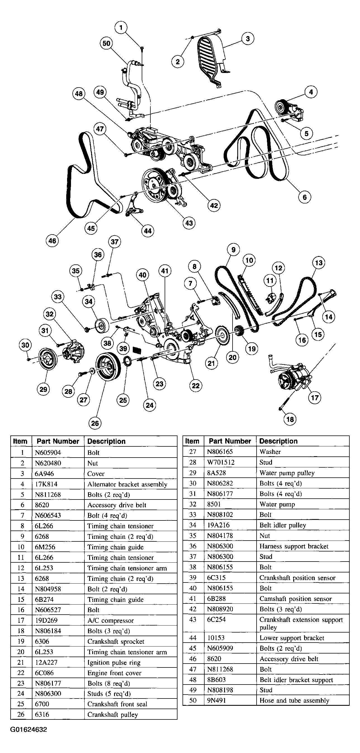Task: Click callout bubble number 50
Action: click(x=106, y=44)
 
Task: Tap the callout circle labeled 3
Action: click(x=248, y=39)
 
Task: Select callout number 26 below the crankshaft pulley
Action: click(x=95, y=423)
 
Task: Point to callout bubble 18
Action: click(x=290, y=419)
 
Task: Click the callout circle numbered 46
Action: click(x=52, y=241)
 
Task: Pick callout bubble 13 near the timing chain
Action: click(x=319, y=262)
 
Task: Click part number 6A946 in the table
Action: click(x=44, y=473)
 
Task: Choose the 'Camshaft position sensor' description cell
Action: click(x=295, y=599)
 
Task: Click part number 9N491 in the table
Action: click(x=217, y=700)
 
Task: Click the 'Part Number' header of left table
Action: click(x=58, y=441)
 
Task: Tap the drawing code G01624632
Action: click(x=29, y=730)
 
